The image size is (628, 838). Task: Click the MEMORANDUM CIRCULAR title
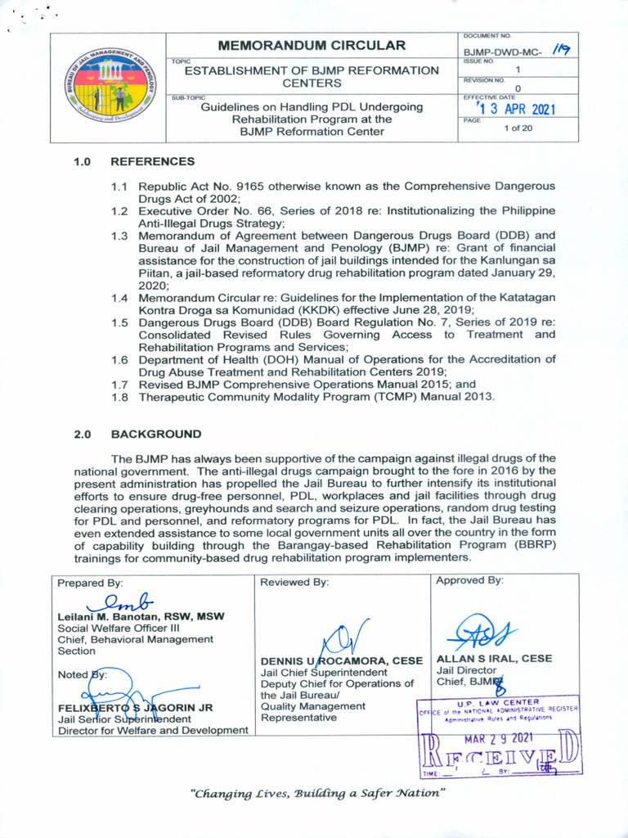pyautogui.click(x=312, y=45)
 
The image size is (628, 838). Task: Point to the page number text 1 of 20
pyautogui.click(x=518, y=128)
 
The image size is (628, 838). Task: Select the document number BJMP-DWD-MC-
pyautogui.click(x=500, y=50)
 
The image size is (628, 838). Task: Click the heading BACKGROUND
pyautogui.click(x=155, y=434)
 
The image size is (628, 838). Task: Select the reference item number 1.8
pyautogui.click(x=120, y=396)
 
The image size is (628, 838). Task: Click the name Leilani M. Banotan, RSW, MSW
pyautogui.click(x=141, y=616)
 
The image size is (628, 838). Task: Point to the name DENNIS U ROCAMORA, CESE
pyautogui.click(x=341, y=660)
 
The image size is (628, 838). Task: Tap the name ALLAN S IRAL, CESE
pyautogui.click(x=494, y=658)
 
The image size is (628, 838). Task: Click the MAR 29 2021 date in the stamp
pyautogui.click(x=498, y=738)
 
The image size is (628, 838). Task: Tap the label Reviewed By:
pyautogui.click(x=294, y=582)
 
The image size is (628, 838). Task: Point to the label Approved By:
pyautogui.click(x=469, y=580)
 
